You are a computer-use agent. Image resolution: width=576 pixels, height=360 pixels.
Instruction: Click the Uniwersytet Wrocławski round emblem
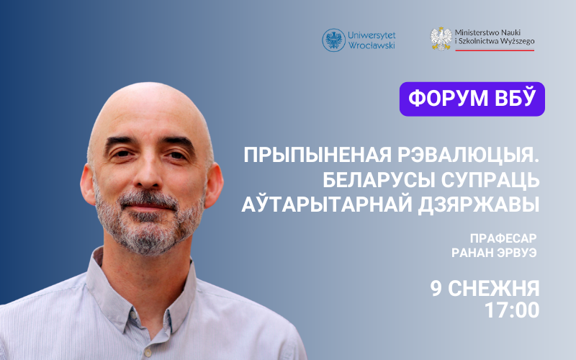pyautogui.click(x=333, y=40)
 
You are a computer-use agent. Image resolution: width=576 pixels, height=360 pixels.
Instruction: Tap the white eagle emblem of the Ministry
pyautogui.click(x=441, y=39)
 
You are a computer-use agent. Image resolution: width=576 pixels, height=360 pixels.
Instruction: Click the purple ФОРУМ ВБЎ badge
pyautogui.click(x=472, y=99)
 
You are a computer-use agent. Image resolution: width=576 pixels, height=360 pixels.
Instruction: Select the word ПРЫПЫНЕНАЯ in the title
pyautogui.click(x=318, y=156)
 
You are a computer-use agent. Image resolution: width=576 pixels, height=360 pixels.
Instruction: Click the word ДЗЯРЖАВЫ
pyautogui.click(x=479, y=204)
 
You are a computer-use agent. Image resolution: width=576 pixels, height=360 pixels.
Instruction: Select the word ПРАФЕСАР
pyautogui.click(x=503, y=238)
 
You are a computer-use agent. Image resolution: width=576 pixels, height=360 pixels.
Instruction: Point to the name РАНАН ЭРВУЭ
pyautogui.click(x=494, y=253)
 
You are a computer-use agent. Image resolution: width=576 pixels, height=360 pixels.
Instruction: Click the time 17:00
pyautogui.click(x=512, y=310)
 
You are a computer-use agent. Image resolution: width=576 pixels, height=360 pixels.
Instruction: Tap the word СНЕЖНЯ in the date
pyautogui.click(x=494, y=289)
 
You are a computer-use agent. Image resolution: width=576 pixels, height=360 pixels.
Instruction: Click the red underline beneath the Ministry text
pyautogui.click(x=495, y=50)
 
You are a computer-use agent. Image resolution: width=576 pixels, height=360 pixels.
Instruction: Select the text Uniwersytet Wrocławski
pyautogui.click(x=372, y=40)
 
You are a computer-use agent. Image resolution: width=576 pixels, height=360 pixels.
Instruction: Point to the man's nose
pyautogui.click(x=147, y=173)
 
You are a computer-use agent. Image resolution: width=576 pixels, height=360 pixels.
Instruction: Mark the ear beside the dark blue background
pyautogui.click(x=89, y=184)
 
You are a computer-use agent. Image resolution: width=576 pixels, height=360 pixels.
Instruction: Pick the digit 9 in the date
pyautogui.click(x=436, y=289)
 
